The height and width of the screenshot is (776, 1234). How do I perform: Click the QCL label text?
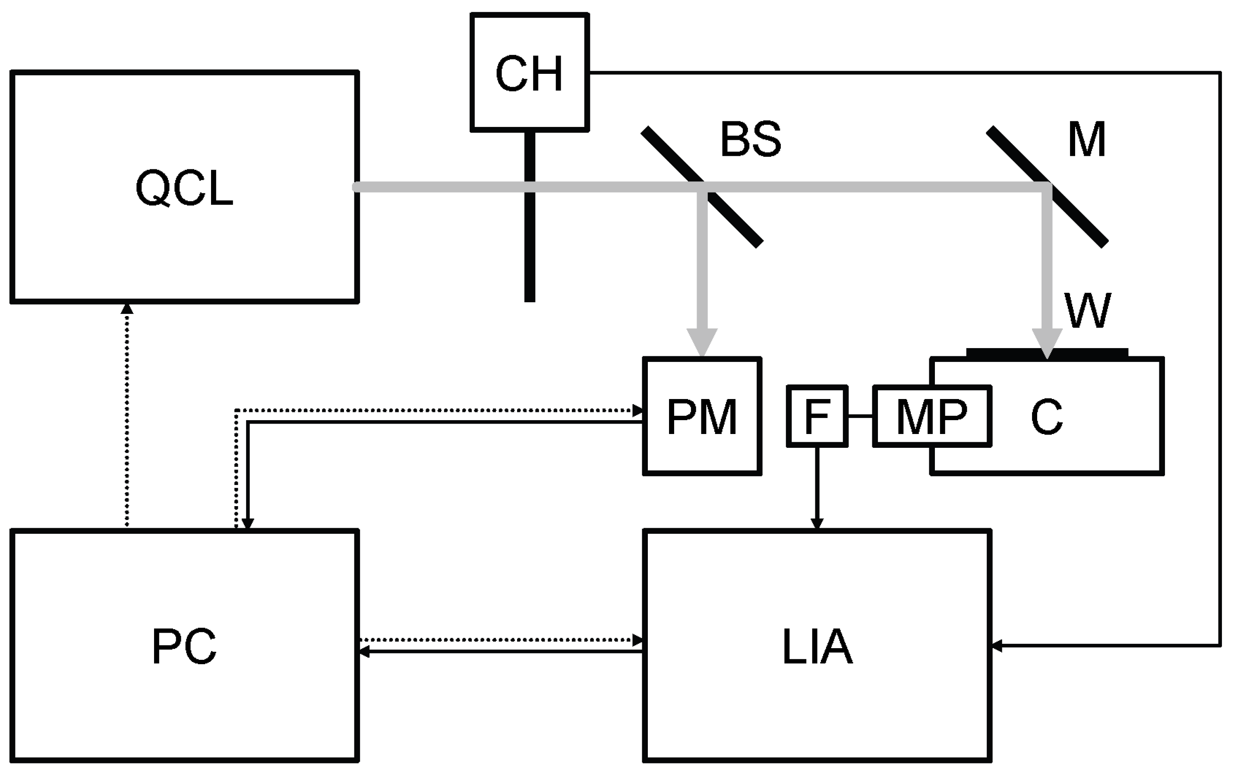point(184,188)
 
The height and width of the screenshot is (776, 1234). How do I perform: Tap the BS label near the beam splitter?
point(751,139)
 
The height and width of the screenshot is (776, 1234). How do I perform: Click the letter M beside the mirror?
point(1086,139)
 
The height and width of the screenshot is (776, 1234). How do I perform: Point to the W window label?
point(1087,310)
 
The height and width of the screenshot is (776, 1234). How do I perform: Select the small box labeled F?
point(817,416)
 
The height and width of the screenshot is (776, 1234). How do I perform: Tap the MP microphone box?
point(931,416)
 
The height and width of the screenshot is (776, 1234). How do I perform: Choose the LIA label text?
point(817,647)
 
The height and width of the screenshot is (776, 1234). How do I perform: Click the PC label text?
point(184,647)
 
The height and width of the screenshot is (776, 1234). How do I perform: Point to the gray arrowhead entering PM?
point(702,342)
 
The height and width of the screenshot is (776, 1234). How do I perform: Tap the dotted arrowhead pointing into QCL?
point(126,308)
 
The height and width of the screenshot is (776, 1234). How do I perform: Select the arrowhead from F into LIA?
point(817,523)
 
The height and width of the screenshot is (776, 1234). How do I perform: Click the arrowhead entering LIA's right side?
point(997,646)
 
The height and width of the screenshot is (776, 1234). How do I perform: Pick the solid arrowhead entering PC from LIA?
point(364,652)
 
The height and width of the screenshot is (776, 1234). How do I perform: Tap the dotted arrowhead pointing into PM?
point(638,411)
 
